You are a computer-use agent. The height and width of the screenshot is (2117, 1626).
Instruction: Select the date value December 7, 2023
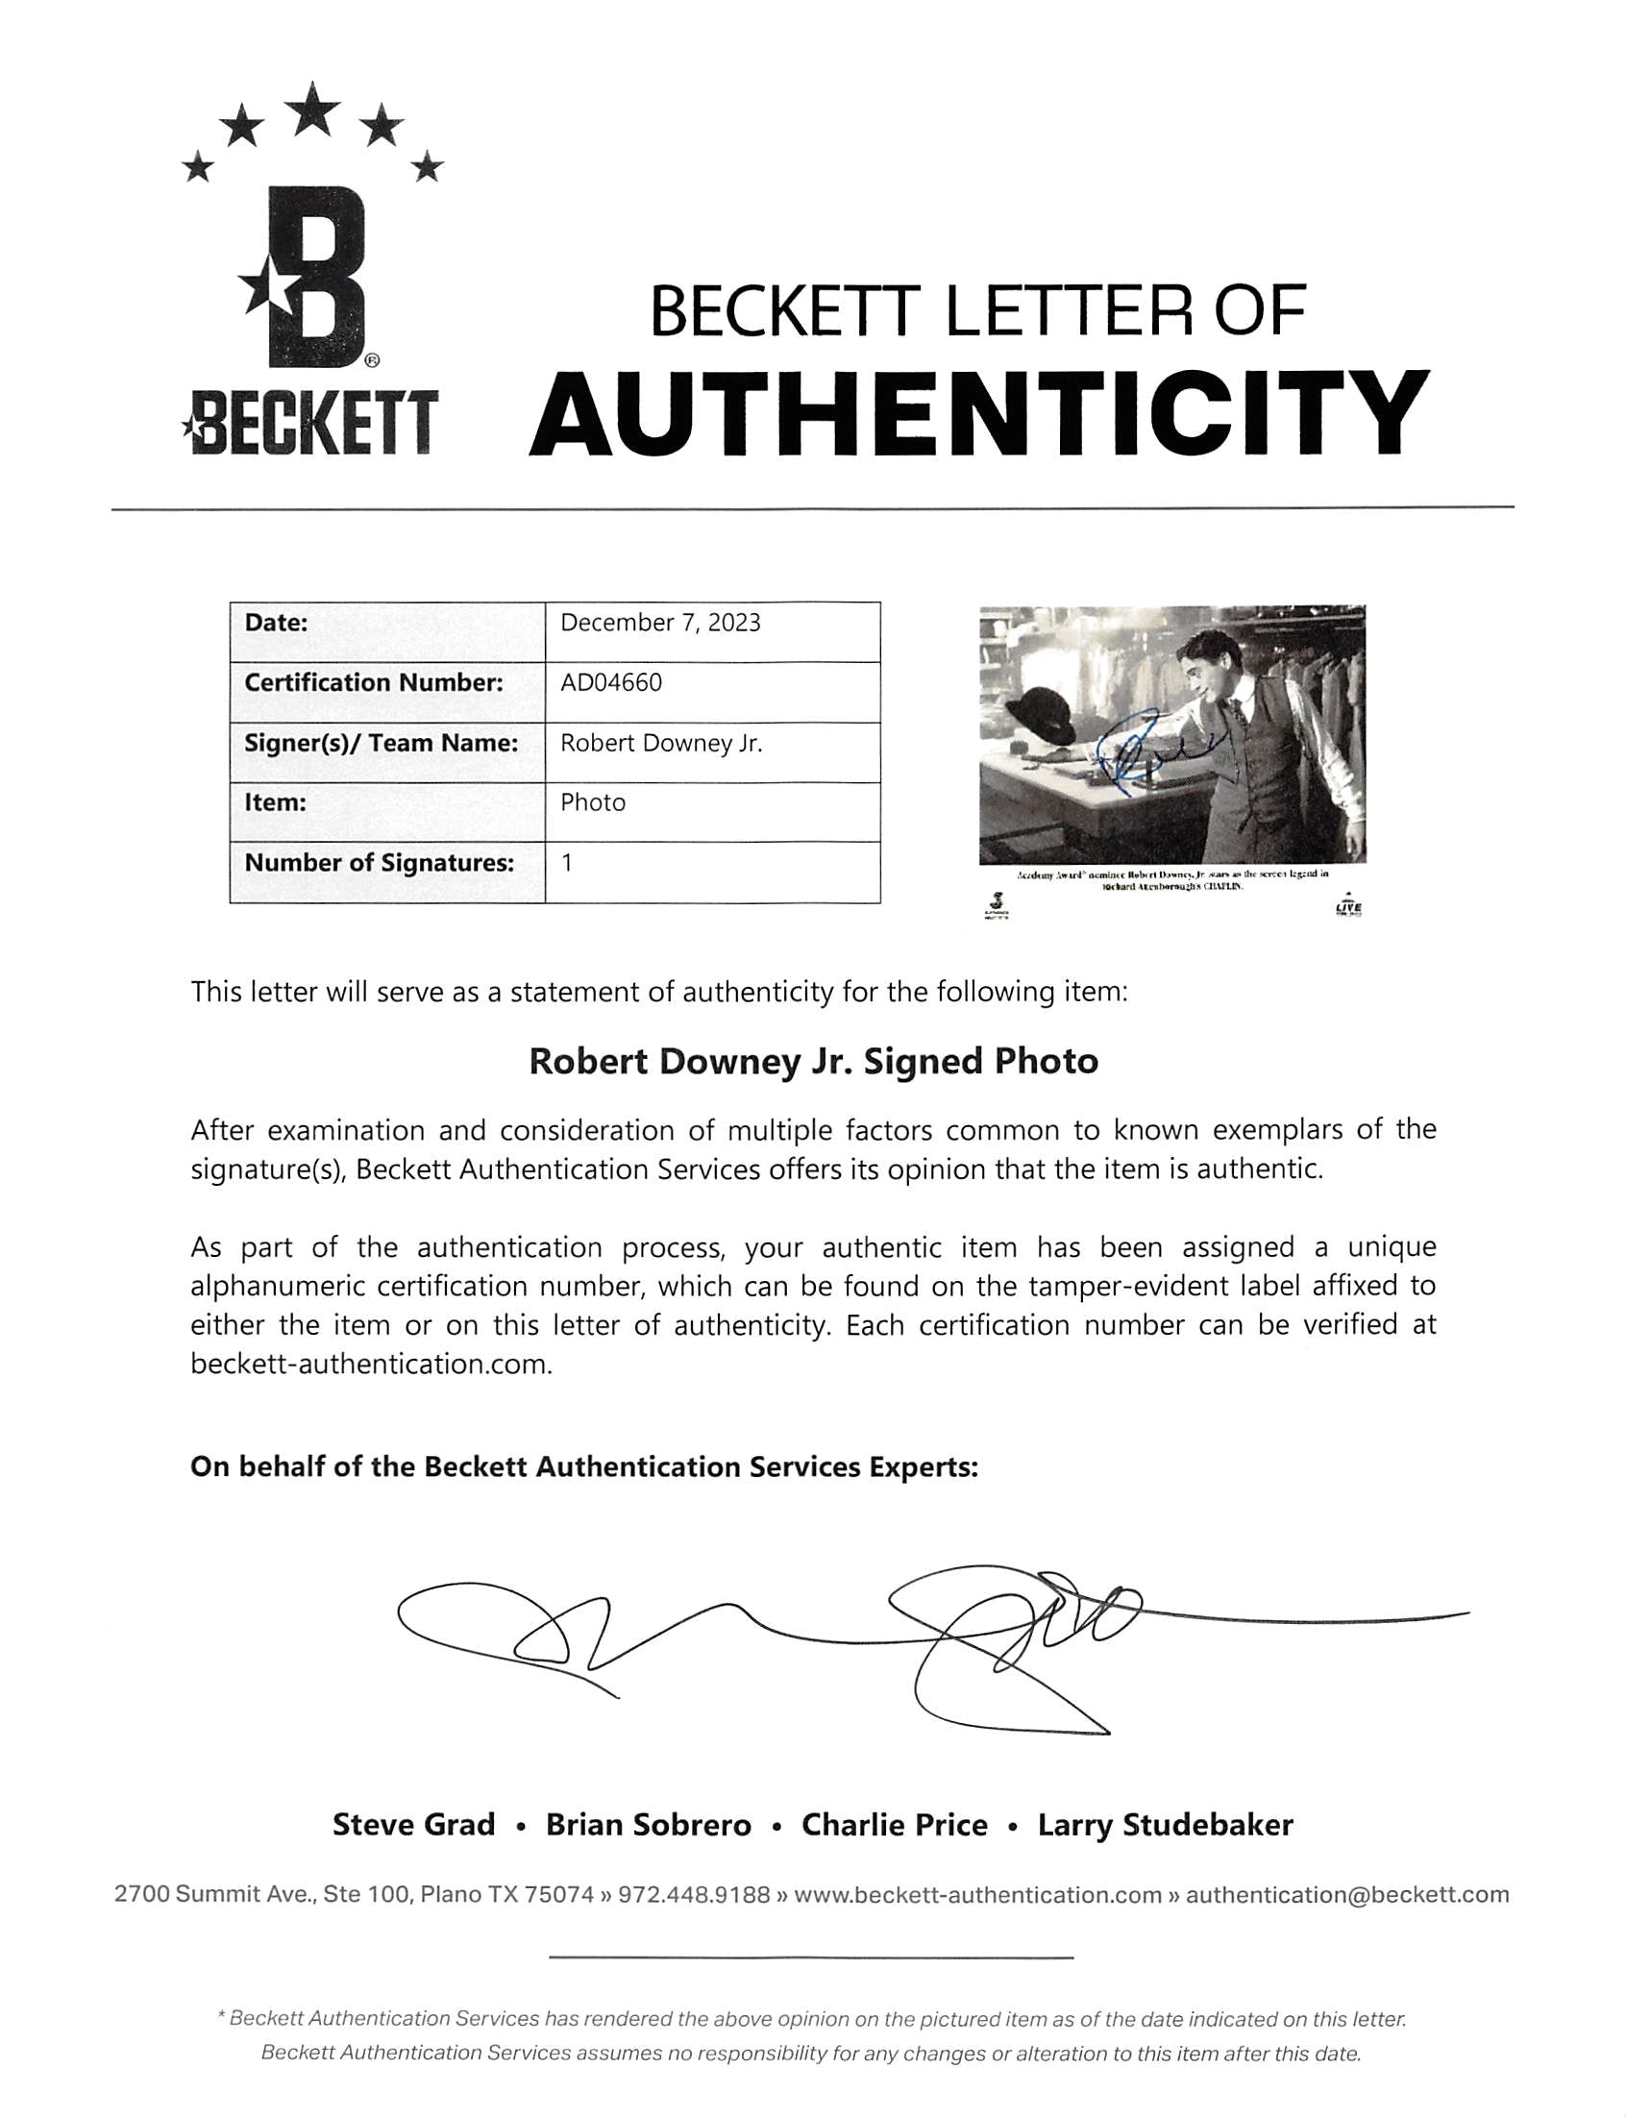(660, 623)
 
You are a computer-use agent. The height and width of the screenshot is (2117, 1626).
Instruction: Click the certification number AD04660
(611, 683)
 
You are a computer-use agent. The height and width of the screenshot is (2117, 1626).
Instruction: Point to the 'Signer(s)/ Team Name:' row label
(381, 743)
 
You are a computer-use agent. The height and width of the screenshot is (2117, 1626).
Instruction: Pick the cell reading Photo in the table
(592, 803)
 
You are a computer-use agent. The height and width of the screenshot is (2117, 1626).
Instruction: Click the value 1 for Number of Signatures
(567, 863)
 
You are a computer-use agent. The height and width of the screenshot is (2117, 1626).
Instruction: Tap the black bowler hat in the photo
(1040, 716)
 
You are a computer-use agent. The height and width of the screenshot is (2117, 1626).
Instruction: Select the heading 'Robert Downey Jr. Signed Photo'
(813, 1062)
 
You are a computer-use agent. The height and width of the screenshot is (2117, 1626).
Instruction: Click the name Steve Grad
(413, 1825)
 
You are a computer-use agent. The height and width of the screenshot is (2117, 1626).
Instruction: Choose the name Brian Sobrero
(649, 1825)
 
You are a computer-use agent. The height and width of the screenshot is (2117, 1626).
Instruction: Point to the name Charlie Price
(895, 1825)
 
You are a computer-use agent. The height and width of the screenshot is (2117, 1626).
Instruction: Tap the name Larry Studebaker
(1166, 1825)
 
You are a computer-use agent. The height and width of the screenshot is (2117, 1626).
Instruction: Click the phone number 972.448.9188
(694, 1894)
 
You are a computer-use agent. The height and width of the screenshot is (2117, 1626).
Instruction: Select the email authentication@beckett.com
(1347, 1894)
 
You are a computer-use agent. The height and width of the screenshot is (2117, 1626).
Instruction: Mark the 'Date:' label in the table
(276, 623)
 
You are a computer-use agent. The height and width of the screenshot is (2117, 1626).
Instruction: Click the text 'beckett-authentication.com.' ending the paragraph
(372, 1365)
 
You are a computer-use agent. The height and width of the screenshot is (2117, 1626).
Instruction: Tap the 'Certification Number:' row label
(374, 683)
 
